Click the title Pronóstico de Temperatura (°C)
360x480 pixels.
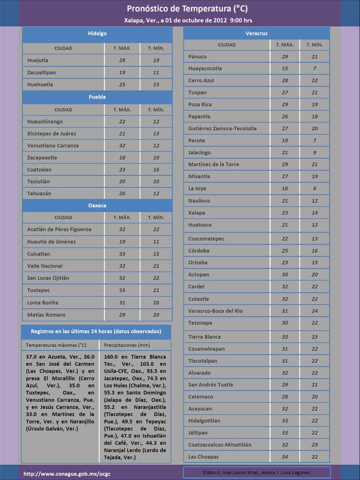(x=179, y=9)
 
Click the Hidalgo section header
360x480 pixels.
(x=97, y=33)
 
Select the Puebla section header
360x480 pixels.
(x=97, y=97)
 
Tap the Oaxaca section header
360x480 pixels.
(x=97, y=205)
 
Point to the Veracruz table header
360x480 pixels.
(x=257, y=33)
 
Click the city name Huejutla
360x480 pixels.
(x=38, y=60)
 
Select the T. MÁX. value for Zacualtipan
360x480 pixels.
(x=122, y=73)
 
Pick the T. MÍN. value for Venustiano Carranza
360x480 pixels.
(x=156, y=146)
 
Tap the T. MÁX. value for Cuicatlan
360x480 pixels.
(x=122, y=254)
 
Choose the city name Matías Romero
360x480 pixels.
(x=46, y=315)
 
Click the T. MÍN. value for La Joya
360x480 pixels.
(x=315, y=189)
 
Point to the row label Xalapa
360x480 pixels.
(x=196, y=213)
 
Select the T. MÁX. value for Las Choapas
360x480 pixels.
(x=285, y=457)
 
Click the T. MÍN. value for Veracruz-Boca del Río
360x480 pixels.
(x=315, y=311)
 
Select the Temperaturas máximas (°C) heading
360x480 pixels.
(x=56, y=345)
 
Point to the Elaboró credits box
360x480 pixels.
(x=257, y=473)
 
